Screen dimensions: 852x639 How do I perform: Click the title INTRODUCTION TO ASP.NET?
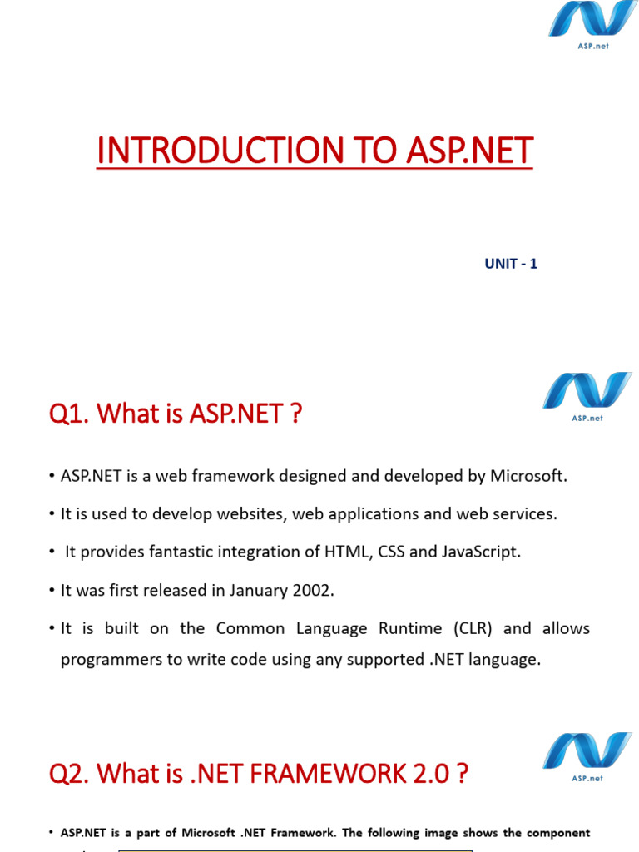click(315, 151)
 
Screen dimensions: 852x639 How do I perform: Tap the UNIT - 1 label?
click(511, 264)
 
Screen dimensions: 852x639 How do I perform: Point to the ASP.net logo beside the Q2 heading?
click(587, 755)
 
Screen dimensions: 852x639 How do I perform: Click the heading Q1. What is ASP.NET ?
click(175, 412)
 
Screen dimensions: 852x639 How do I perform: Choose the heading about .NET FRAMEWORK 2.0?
click(259, 775)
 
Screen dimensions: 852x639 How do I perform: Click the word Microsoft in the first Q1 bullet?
click(528, 476)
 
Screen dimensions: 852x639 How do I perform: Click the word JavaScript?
click(482, 552)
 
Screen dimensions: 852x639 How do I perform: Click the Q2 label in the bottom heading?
click(69, 775)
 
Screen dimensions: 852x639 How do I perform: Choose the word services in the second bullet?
click(525, 513)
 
